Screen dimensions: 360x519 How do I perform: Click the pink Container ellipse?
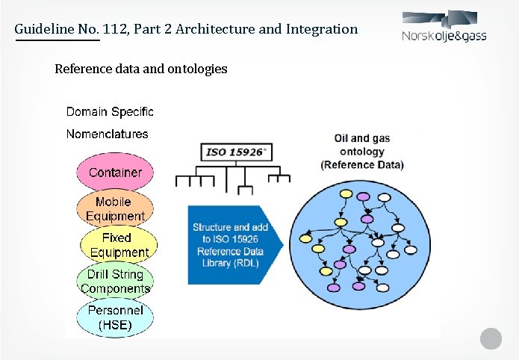click(x=115, y=173)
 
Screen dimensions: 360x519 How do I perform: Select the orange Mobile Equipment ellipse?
click(x=114, y=208)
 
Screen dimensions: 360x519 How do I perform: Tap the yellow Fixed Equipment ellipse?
click(x=116, y=244)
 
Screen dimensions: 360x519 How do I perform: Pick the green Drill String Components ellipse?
click(x=115, y=281)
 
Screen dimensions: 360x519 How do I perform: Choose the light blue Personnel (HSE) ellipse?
click(x=115, y=317)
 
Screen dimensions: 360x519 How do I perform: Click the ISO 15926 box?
click(x=237, y=152)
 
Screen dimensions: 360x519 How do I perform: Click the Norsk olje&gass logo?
click(x=444, y=28)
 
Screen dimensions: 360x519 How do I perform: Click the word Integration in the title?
click(x=323, y=29)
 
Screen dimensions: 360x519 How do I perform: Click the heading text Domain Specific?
click(x=110, y=112)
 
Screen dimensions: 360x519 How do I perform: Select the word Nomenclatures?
click(x=107, y=134)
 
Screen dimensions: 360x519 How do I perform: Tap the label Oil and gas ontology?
click(x=361, y=145)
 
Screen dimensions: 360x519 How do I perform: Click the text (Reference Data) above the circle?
click(x=362, y=165)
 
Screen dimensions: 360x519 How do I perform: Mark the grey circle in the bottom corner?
click(x=490, y=338)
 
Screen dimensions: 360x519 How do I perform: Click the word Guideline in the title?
click(x=46, y=29)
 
